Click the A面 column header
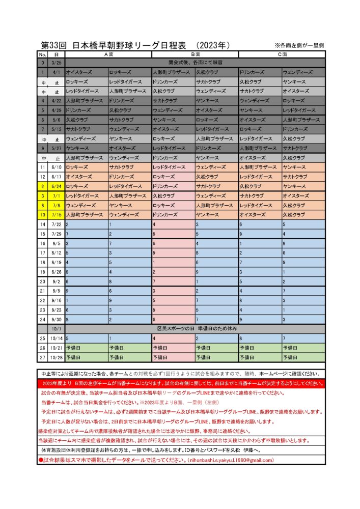tap(108, 54)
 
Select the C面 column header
tap(281, 54)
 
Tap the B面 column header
tap(195, 54)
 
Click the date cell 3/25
tap(56, 63)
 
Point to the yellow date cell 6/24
tap(56, 186)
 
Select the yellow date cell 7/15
tap(56, 215)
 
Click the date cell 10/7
tap(56, 329)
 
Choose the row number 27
tap(43, 357)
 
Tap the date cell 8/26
tap(56, 272)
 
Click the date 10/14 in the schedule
tap(56, 338)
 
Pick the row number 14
tap(43, 224)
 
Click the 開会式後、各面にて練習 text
tap(195, 63)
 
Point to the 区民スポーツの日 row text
tap(195, 329)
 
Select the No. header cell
tap(43, 54)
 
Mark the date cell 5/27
tap(56, 148)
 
